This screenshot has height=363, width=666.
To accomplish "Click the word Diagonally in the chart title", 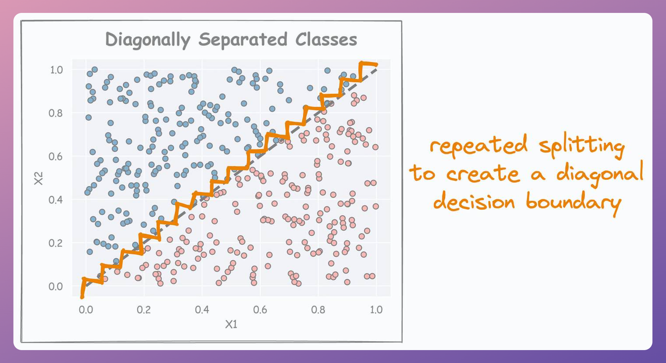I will tap(147, 40).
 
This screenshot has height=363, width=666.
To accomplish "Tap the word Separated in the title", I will tap(243, 40).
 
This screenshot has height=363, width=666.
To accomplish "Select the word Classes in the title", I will tap(326, 40).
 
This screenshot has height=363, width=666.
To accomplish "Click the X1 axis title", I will tap(231, 324).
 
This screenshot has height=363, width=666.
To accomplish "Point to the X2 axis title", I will tap(38, 178).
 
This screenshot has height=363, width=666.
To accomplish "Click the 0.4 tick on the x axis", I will tap(202, 310).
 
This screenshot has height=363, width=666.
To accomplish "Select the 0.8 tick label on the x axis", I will tap(318, 310).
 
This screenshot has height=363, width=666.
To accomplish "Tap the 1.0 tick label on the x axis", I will tap(376, 310).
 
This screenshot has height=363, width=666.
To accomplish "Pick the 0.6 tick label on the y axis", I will tap(55, 157).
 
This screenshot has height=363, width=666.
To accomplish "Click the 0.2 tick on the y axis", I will tap(55, 243).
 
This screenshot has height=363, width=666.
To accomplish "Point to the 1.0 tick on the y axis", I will tap(56, 70).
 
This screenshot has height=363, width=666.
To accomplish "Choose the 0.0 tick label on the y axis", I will tap(55, 286).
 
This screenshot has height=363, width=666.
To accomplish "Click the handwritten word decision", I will tap(474, 202).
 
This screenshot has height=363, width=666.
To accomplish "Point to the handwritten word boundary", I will tap(573, 203).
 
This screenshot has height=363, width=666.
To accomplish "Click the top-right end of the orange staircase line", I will tap(376, 65).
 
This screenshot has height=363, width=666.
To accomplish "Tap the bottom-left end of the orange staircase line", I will tap(82, 296).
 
